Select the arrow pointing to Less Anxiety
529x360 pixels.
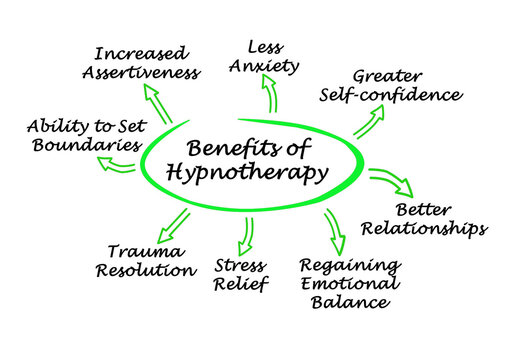point(268,94)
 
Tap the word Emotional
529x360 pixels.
point(350,285)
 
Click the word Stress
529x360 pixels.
point(240,266)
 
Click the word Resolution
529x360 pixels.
point(145,271)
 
